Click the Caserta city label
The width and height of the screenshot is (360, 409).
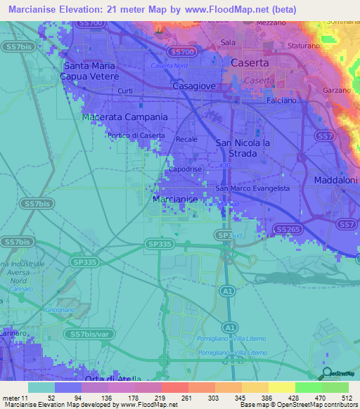250,63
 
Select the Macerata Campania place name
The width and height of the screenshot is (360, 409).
124,117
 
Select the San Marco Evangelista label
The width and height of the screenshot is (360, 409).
252,188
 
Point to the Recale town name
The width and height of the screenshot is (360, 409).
186,139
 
